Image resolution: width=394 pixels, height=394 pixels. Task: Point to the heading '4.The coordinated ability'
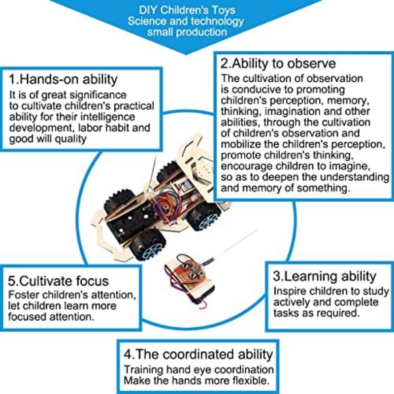(x=197, y=354)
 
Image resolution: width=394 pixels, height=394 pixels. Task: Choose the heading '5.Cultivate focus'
(x=59, y=281)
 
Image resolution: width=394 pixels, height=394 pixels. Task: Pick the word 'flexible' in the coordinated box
(x=251, y=381)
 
